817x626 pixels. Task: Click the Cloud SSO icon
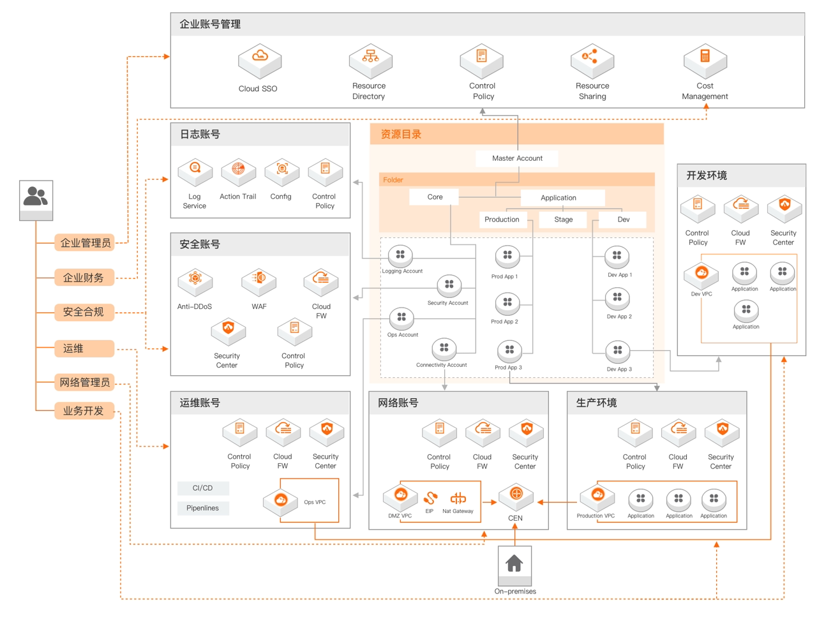260,60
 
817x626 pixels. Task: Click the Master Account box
517,158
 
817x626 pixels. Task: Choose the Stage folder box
563,220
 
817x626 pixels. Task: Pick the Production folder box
502,220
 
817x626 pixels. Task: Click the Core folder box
435,197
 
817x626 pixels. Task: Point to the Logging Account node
400,255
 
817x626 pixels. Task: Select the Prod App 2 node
507,303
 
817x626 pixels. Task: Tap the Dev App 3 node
617,351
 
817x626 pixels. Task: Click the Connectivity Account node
444,348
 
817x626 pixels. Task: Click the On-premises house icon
514,563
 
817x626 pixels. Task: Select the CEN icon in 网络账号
516,495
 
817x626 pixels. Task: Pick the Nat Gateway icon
458,498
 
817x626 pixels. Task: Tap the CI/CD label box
203,488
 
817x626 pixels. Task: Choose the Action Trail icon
238,170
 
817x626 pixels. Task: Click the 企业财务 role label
84,278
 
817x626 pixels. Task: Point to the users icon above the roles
36,197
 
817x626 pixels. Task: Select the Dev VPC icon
701,274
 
